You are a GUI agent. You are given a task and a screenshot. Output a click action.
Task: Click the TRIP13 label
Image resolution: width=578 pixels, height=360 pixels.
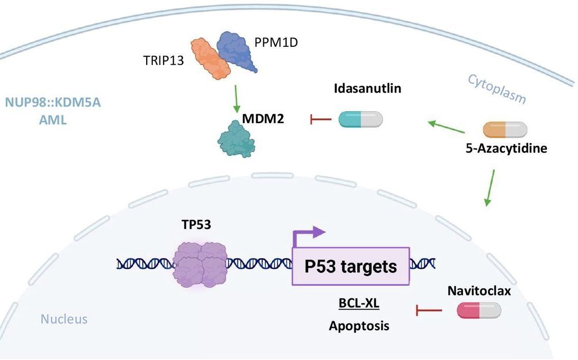tap(164, 62)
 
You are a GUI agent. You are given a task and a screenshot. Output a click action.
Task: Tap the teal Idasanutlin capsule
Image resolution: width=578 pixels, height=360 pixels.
tap(361, 119)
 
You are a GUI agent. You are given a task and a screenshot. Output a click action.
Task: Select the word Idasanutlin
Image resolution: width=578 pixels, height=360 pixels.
tap(368, 89)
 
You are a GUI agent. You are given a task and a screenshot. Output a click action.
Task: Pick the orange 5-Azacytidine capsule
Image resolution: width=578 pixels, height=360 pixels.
tap(505, 130)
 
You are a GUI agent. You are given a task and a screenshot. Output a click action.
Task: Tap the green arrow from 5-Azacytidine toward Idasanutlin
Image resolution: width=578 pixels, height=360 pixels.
tap(446, 127)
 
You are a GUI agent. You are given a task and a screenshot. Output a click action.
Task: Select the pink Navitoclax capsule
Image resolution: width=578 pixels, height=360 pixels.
tap(479, 310)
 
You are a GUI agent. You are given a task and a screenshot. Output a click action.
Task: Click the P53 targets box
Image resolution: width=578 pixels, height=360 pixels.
tap(350, 266)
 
